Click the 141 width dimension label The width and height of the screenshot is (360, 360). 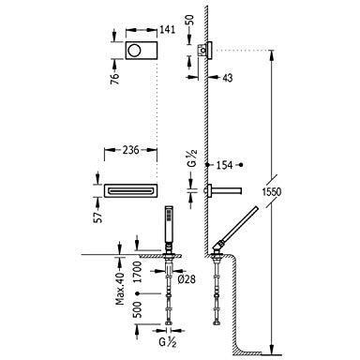[168, 30]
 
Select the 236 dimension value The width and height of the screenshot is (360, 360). [130, 150]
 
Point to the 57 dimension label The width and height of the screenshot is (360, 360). [98, 216]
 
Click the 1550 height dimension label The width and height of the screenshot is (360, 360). [271, 191]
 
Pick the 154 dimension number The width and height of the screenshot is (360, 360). [225, 165]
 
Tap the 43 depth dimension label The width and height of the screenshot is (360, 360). [227, 78]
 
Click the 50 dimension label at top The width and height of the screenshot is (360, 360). [189, 20]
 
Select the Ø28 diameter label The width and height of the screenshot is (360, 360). [187, 278]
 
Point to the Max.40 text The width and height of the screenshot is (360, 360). [120, 289]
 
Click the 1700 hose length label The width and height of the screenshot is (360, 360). [137, 272]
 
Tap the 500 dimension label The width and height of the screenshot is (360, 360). [137, 309]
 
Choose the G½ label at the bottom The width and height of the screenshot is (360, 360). [168, 342]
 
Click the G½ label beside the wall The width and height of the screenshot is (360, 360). [193, 158]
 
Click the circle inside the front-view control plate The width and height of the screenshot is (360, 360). [134, 50]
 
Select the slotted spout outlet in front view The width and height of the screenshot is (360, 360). [130, 190]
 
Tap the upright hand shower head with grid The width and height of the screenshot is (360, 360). [169, 223]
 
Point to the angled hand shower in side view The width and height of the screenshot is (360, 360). [235, 227]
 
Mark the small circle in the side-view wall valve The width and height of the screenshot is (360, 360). [203, 50]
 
